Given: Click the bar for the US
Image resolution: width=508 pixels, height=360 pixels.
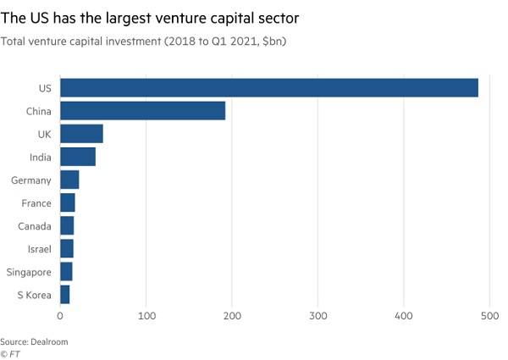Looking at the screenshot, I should tap(269, 87).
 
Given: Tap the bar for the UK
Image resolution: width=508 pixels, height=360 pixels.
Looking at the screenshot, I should tap(81, 134).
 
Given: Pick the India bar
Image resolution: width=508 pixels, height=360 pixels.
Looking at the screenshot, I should tap(78, 157).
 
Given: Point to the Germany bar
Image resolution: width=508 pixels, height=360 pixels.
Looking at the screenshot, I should tap(69, 180).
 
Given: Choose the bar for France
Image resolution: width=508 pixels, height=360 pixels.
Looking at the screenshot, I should tap(68, 203).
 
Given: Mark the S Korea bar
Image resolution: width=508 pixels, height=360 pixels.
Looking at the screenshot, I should tap(65, 295).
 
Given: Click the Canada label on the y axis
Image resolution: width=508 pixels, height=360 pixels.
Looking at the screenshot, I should tap(35, 226).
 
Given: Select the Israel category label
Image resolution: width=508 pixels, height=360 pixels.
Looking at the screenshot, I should tap(39, 249).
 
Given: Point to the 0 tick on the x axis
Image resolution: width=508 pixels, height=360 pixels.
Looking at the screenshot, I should tap(60, 316).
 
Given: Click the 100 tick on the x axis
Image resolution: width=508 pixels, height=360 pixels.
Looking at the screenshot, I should tap(146, 316).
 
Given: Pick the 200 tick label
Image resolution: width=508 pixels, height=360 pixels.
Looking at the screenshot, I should tap(232, 316).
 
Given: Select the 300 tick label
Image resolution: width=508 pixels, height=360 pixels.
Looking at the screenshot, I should tap(317, 316).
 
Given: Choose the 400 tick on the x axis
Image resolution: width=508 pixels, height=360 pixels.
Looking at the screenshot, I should tap(404, 316).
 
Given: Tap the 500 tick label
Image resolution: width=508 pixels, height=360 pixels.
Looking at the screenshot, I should tap(489, 316).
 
